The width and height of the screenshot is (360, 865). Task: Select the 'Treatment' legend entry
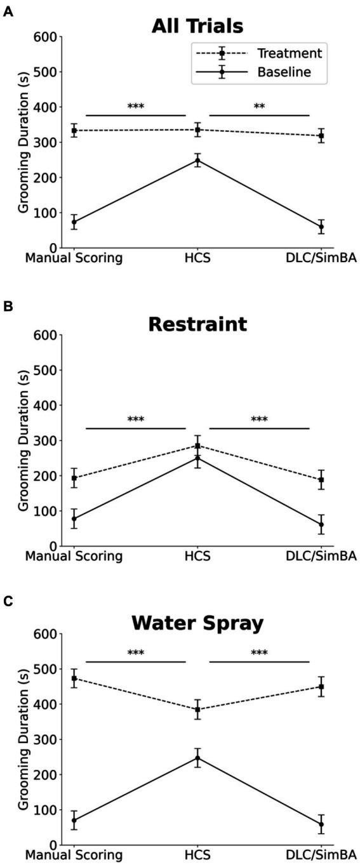click(289, 53)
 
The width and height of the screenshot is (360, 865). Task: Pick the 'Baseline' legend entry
click(284, 72)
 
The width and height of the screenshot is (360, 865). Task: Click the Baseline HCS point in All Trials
click(197, 160)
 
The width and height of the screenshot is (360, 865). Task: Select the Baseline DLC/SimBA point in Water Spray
click(321, 824)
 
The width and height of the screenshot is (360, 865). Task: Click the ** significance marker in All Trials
click(259, 107)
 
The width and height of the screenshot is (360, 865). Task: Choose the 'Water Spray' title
click(197, 623)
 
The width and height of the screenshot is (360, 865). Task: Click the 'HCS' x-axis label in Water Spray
click(197, 855)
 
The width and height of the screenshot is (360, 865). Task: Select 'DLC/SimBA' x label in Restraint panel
click(321, 556)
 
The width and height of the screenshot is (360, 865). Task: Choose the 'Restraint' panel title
click(197, 324)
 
